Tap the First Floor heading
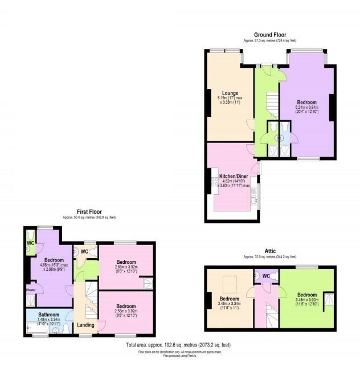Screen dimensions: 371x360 92,211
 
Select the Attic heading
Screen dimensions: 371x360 271,251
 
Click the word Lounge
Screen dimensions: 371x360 230,93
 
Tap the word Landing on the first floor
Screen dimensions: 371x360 86,325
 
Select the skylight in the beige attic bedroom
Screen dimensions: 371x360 231,282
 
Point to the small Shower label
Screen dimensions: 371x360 30,290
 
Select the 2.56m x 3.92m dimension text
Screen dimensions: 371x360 125,311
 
